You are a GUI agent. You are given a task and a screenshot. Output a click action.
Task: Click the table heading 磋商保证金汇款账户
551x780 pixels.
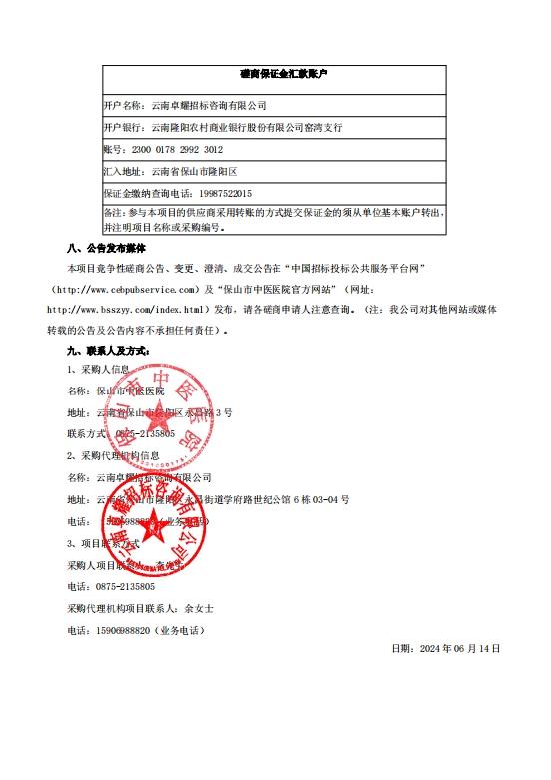tap(276, 74)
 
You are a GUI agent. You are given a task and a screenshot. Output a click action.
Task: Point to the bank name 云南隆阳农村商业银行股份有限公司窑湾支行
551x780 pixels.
tap(246, 128)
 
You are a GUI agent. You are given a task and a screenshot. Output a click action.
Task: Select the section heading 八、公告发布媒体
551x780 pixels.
tap(105, 249)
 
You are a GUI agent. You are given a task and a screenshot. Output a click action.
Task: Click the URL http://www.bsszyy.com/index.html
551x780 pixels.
tap(127, 309)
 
